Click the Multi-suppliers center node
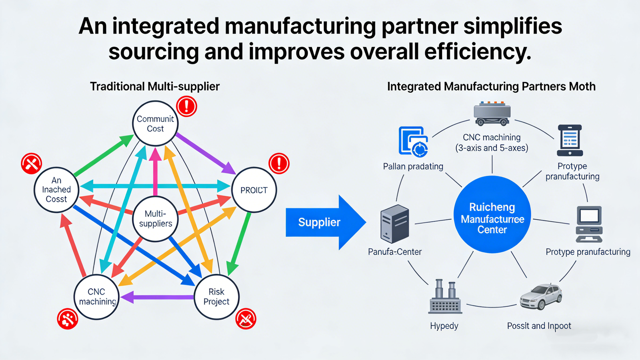point(155,219)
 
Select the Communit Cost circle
point(155,124)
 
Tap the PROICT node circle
point(254,190)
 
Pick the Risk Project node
point(216,297)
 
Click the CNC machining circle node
point(96,297)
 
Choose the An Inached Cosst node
point(56,190)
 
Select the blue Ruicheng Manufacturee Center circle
point(492,215)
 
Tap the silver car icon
point(541,297)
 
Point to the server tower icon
point(394,224)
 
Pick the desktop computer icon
point(589,224)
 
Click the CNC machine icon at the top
point(492,114)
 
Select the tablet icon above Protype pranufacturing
point(570,140)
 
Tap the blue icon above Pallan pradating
point(413,141)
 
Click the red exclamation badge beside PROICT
point(279,163)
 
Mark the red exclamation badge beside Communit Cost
point(186,106)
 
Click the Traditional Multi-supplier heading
point(155,86)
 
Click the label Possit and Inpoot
point(539,326)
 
